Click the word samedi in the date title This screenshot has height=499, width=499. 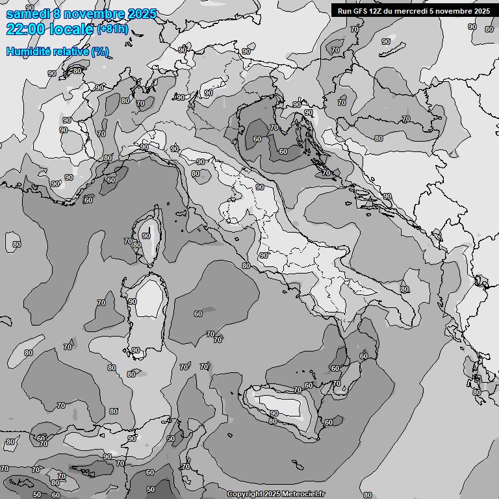tap(27, 14)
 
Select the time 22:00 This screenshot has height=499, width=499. tap(25, 29)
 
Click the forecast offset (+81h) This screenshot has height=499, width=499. tap(112, 30)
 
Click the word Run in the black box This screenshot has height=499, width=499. tap(344, 10)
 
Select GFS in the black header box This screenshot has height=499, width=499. tap(361, 10)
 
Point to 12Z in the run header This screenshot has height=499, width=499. tap(377, 10)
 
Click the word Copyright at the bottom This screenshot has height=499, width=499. tap(245, 494)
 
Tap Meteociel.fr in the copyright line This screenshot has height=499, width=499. tap(303, 494)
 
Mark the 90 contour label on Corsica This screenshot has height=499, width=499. tap(146, 237)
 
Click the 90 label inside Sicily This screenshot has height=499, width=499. tap(274, 413)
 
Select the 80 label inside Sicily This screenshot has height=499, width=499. tap(273, 421)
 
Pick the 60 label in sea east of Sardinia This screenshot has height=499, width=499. tap(198, 314)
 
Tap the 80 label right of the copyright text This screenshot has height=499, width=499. tap(368, 495)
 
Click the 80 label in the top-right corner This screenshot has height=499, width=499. tap(489, 29)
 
